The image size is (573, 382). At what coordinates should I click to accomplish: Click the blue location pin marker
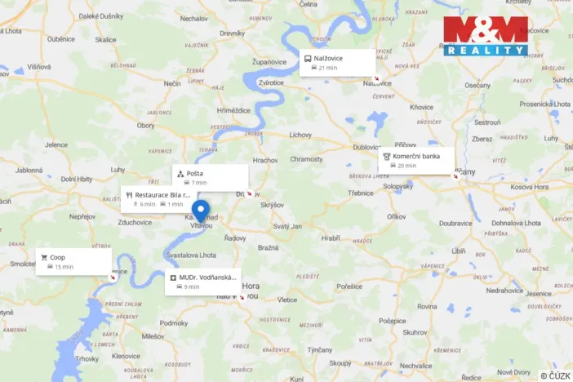(200, 212)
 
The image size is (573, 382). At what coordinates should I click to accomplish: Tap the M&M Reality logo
(486, 35)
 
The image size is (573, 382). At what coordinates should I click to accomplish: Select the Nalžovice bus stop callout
(337, 62)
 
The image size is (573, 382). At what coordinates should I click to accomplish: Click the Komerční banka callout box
(416, 160)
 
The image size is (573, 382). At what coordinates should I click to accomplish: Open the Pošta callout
(210, 177)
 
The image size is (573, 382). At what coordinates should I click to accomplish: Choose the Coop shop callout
(73, 261)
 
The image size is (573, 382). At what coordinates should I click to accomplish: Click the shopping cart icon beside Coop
(43, 257)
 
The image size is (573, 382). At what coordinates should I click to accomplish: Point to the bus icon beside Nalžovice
(308, 59)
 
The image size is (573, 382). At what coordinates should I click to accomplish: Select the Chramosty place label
(306, 159)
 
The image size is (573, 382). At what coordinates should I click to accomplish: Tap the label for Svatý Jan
(287, 226)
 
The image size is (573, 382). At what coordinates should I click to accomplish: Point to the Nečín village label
(172, 83)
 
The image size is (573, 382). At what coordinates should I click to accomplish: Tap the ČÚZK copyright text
(555, 375)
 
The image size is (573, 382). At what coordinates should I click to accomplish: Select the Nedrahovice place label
(504, 290)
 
